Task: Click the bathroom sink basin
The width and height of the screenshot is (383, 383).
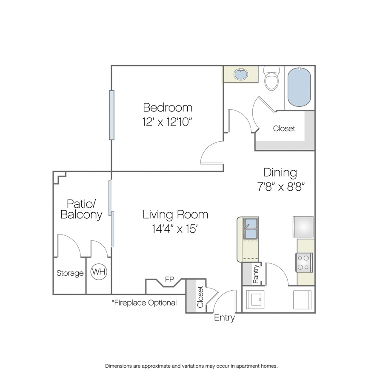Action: click(240, 74)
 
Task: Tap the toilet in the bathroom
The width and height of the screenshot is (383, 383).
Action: click(272, 78)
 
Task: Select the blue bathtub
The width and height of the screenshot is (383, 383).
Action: click(299, 87)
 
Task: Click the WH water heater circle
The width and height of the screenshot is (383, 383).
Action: click(99, 272)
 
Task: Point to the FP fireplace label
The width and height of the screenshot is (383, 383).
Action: click(169, 279)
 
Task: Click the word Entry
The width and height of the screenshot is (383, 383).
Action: click(224, 317)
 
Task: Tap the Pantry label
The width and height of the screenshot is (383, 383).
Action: click(255, 274)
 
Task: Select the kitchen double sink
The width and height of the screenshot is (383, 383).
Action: click(251, 229)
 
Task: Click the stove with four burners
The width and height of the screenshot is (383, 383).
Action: click(304, 263)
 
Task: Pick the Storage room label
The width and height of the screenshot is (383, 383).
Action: click(70, 273)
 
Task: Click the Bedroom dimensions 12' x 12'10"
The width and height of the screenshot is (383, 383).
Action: click(167, 122)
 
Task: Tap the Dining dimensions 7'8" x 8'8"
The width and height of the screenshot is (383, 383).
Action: click(281, 187)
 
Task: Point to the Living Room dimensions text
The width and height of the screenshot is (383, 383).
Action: click(174, 229)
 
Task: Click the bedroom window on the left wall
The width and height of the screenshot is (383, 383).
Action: click(111, 115)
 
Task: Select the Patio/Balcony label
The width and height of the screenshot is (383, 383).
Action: click(81, 209)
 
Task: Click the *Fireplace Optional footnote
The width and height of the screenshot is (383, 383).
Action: click(144, 303)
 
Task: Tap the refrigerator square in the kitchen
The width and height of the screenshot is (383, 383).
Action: click(303, 227)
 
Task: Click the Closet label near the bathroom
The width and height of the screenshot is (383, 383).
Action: click(284, 129)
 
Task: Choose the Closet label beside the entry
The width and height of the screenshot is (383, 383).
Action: click(200, 297)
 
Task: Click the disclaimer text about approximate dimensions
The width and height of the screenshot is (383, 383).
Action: click(191, 366)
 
